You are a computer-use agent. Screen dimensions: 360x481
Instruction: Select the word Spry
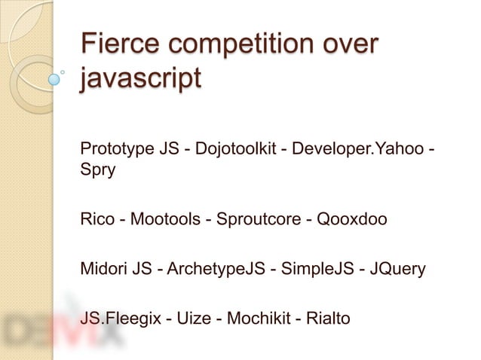(97, 169)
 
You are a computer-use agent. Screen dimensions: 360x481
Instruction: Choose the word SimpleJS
(308, 269)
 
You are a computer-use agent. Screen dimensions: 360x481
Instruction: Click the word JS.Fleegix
(119, 319)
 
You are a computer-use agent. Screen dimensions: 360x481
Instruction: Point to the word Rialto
(327, 319)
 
